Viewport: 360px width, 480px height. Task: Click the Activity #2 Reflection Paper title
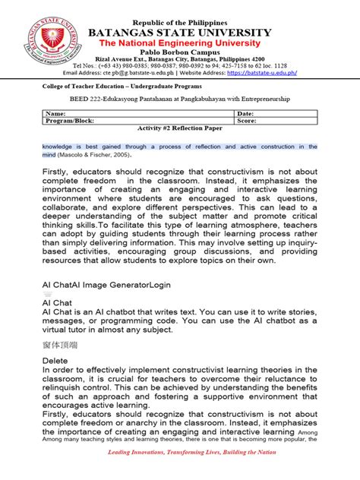[180, 128]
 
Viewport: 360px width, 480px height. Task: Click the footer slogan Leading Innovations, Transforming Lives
[180, 472]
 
